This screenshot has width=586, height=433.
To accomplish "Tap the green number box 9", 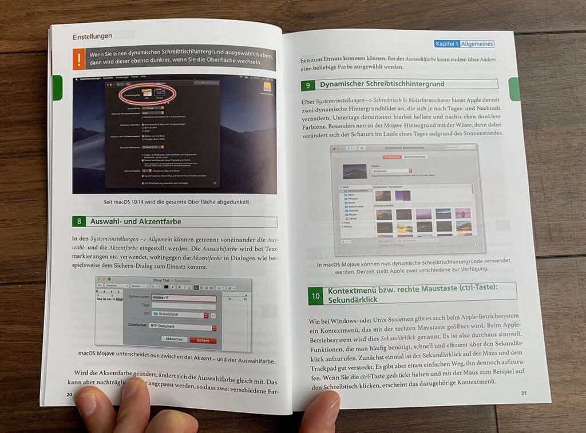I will pos(308,85).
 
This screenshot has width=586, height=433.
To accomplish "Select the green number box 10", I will pos(315,296).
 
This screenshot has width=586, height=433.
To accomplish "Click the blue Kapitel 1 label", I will pos(446,43).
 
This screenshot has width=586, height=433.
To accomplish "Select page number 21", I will pos(524,392).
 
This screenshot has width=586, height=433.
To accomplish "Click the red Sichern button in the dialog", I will pos(203,340).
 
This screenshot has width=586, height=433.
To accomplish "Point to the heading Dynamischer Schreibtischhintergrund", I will pos(382,84).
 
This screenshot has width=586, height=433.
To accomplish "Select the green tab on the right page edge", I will pos(513,89).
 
